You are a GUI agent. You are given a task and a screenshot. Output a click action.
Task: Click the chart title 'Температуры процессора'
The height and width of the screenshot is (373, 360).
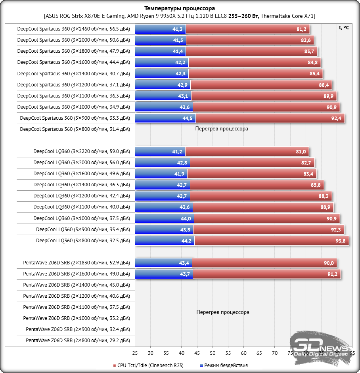point(180,8)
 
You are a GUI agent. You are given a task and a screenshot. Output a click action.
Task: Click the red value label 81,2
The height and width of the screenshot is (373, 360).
point(301,29)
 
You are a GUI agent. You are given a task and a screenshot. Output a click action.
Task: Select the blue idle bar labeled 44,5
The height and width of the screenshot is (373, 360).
point(165,118)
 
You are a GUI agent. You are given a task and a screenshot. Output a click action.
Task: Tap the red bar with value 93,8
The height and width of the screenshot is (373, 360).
point(272,241)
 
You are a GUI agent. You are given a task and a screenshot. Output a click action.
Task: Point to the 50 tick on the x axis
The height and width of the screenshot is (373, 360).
point(213,352)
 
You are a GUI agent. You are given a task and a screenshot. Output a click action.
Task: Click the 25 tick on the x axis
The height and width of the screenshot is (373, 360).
point(135,352)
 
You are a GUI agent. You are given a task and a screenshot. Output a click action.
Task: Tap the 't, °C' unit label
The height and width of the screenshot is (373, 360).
point(344,28)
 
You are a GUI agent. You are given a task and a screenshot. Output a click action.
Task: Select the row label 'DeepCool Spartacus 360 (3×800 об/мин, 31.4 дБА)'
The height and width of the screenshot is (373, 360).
point(75,129)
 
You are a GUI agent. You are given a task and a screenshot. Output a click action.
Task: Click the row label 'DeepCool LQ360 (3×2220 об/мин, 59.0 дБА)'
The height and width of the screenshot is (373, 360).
point(81,151)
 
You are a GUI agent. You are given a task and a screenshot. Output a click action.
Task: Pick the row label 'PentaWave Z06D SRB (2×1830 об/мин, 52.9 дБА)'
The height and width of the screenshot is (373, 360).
point(76,263)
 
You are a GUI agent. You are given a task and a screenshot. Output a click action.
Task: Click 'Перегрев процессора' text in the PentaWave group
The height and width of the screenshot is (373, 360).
point(223,312)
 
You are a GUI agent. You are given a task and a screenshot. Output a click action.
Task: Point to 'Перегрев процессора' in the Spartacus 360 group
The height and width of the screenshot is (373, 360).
point(222,129)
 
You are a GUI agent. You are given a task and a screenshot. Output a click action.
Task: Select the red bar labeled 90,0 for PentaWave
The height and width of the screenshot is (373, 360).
point(264,263)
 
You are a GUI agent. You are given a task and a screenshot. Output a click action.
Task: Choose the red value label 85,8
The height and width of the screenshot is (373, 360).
point(316,185)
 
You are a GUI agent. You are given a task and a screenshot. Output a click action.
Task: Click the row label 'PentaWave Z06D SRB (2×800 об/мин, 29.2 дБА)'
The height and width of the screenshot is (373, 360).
point(77,340)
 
